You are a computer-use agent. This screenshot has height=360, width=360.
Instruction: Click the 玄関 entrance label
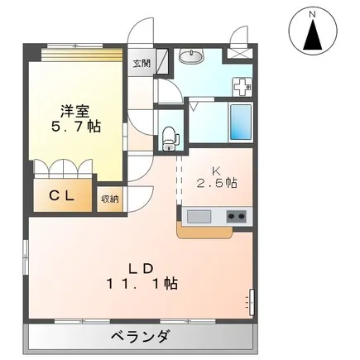pos(142,64)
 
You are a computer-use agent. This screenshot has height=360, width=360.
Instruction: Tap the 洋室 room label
pos(75,112)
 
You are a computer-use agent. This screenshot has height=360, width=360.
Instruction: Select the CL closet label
pos(61,195)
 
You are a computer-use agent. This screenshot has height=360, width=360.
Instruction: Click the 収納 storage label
pos(109,199)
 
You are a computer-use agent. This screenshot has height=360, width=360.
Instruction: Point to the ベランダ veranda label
pos(140,336)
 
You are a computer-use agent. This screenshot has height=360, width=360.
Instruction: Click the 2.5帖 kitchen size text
pos(216,182)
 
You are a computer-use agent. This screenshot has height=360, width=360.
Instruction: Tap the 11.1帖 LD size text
pos(142,283)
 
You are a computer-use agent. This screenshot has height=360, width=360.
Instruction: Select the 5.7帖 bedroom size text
pos(75,127)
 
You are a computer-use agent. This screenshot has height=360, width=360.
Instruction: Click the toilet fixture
pos(170,139)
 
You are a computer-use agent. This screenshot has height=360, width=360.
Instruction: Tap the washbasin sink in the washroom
pos(191,55)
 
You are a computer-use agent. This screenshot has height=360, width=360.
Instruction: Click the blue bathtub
pos(241,122)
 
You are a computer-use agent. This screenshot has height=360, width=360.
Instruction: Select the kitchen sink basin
pos(199,217)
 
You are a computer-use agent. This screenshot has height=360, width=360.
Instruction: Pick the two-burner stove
pos(237,216)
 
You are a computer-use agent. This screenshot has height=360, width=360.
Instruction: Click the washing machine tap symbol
pos(242,87)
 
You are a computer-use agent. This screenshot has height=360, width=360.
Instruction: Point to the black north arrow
pos(313,35)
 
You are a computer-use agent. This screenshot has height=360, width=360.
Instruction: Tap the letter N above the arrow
pos(312,15)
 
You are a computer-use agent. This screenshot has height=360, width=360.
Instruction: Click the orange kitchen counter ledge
pos(204,232)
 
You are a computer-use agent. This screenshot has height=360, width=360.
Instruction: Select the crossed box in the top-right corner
pos(238,53)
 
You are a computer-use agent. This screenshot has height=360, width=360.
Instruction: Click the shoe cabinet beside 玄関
pos(162,61)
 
